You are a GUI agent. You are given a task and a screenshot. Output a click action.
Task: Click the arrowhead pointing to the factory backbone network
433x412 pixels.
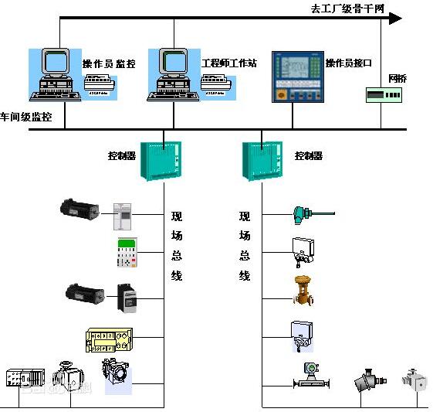click(x=394, y=18)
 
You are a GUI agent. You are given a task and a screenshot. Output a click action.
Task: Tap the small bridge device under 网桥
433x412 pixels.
click(x=384, y=96)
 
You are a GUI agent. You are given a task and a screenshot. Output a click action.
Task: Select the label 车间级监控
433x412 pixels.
click(x=26, y=117)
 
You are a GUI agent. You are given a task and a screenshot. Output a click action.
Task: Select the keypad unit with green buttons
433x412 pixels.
click(x=127, y=253)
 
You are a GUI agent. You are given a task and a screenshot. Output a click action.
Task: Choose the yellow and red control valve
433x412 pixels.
click(x=303, y=291)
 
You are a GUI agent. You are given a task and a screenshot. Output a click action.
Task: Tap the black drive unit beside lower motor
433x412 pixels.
click(x=127, y=298)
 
